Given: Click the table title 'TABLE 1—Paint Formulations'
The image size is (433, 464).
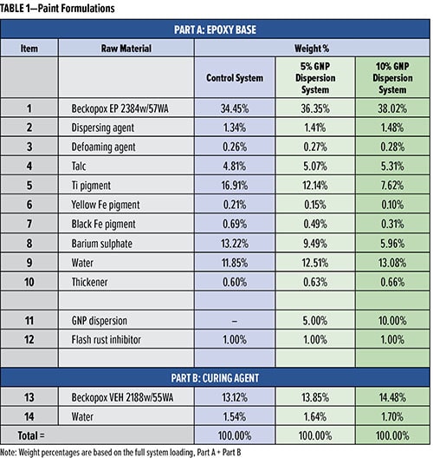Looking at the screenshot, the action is pyautogui.click(x=57, y=9).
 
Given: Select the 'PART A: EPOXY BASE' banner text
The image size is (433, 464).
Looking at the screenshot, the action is pyautogui.click(x=215, y=29).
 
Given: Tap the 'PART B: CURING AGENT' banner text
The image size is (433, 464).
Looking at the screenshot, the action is pyautogui.click(x=215, y=378).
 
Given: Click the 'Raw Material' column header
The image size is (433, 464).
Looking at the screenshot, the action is pyautogui.click(x=126, y=49).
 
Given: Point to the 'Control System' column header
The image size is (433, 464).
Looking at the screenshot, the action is pyautogui.click(x=235, y=78).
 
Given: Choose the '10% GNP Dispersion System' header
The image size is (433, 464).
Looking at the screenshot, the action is pyautogui.click(x=392, y=78).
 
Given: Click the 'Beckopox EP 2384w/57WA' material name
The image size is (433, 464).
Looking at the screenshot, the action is pyautogui.click(x=120, y=108).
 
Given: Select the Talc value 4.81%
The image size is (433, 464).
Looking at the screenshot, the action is pyautogui.click(x=235, y=166).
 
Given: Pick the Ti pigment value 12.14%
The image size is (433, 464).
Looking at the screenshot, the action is pyautogui.click(x=314, y=186).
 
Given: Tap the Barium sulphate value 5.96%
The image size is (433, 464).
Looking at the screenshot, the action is pyautogui.click(x=392, y=244).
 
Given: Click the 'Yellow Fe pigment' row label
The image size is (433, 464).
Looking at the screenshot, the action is pyautogui.click(x=106, y=205).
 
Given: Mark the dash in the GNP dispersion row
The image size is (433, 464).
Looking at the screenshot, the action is pyautogui.click(x=235, y=321).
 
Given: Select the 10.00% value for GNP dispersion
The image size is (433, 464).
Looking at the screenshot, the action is pyautogui.click(x=392, y=321).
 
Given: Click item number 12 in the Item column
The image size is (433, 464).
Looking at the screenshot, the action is pyautogui.click(x=29, y=340).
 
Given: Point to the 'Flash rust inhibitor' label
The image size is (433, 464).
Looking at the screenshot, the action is pyautogui.click(x=107, y=340).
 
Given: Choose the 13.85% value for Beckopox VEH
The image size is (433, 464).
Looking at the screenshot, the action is pyautogui.click(x=314, y=397).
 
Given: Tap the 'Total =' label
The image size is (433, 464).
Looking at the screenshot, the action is pyautogui.click(x=30, y=435).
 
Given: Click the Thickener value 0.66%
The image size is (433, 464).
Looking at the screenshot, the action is pyautogui.click(x=392, y=282).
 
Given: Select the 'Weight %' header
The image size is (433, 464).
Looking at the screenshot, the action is pyautogui.click(x=312, y=49).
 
